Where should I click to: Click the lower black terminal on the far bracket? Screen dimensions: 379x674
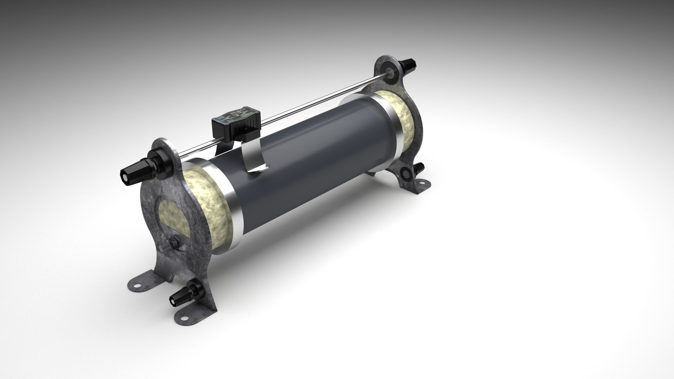point(420,168)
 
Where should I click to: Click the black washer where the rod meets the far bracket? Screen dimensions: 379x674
point(390,73)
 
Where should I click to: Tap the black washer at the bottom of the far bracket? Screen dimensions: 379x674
point(407,173)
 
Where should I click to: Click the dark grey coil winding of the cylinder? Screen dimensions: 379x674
point(316,158)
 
